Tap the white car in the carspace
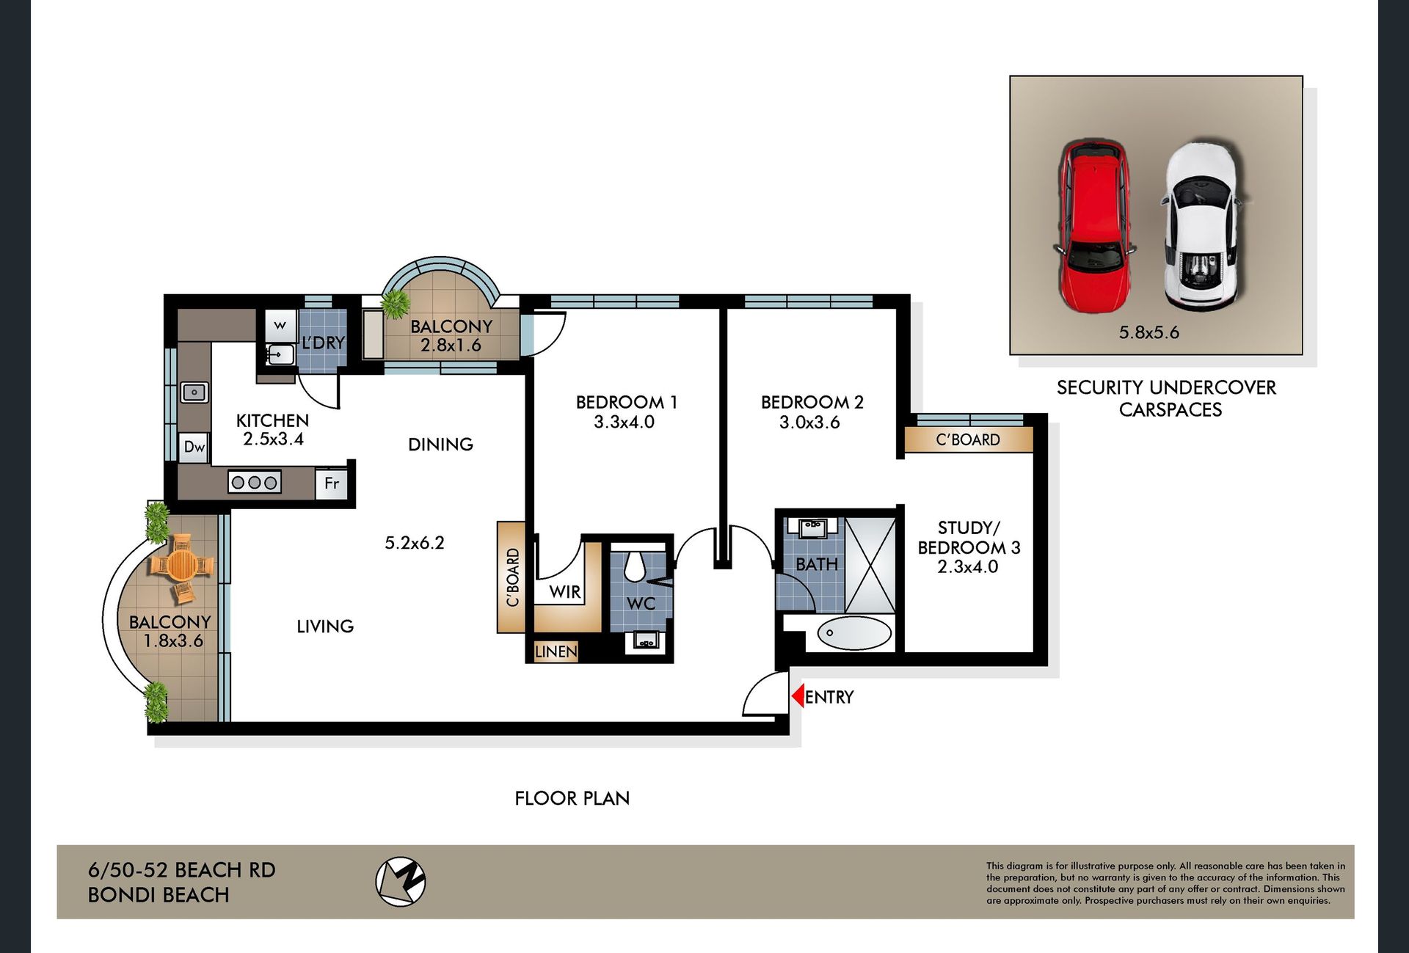point(1201,225)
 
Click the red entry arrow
point(798,696)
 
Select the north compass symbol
point(400,881)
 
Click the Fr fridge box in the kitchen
point(332,483)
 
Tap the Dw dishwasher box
point(194,447)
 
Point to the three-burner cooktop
point(255,483)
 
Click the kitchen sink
point(194,392)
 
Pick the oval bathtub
point(854,633)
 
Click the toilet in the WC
point(633,565)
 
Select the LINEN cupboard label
point(556,651)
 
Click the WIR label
point(565,591)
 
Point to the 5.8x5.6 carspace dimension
point(1148,332)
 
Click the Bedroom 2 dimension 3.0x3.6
point(809,422)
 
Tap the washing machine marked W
point(280,325)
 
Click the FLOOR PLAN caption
point(572,798)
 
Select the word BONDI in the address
point(122,895)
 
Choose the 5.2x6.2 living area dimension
point(415,543)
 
